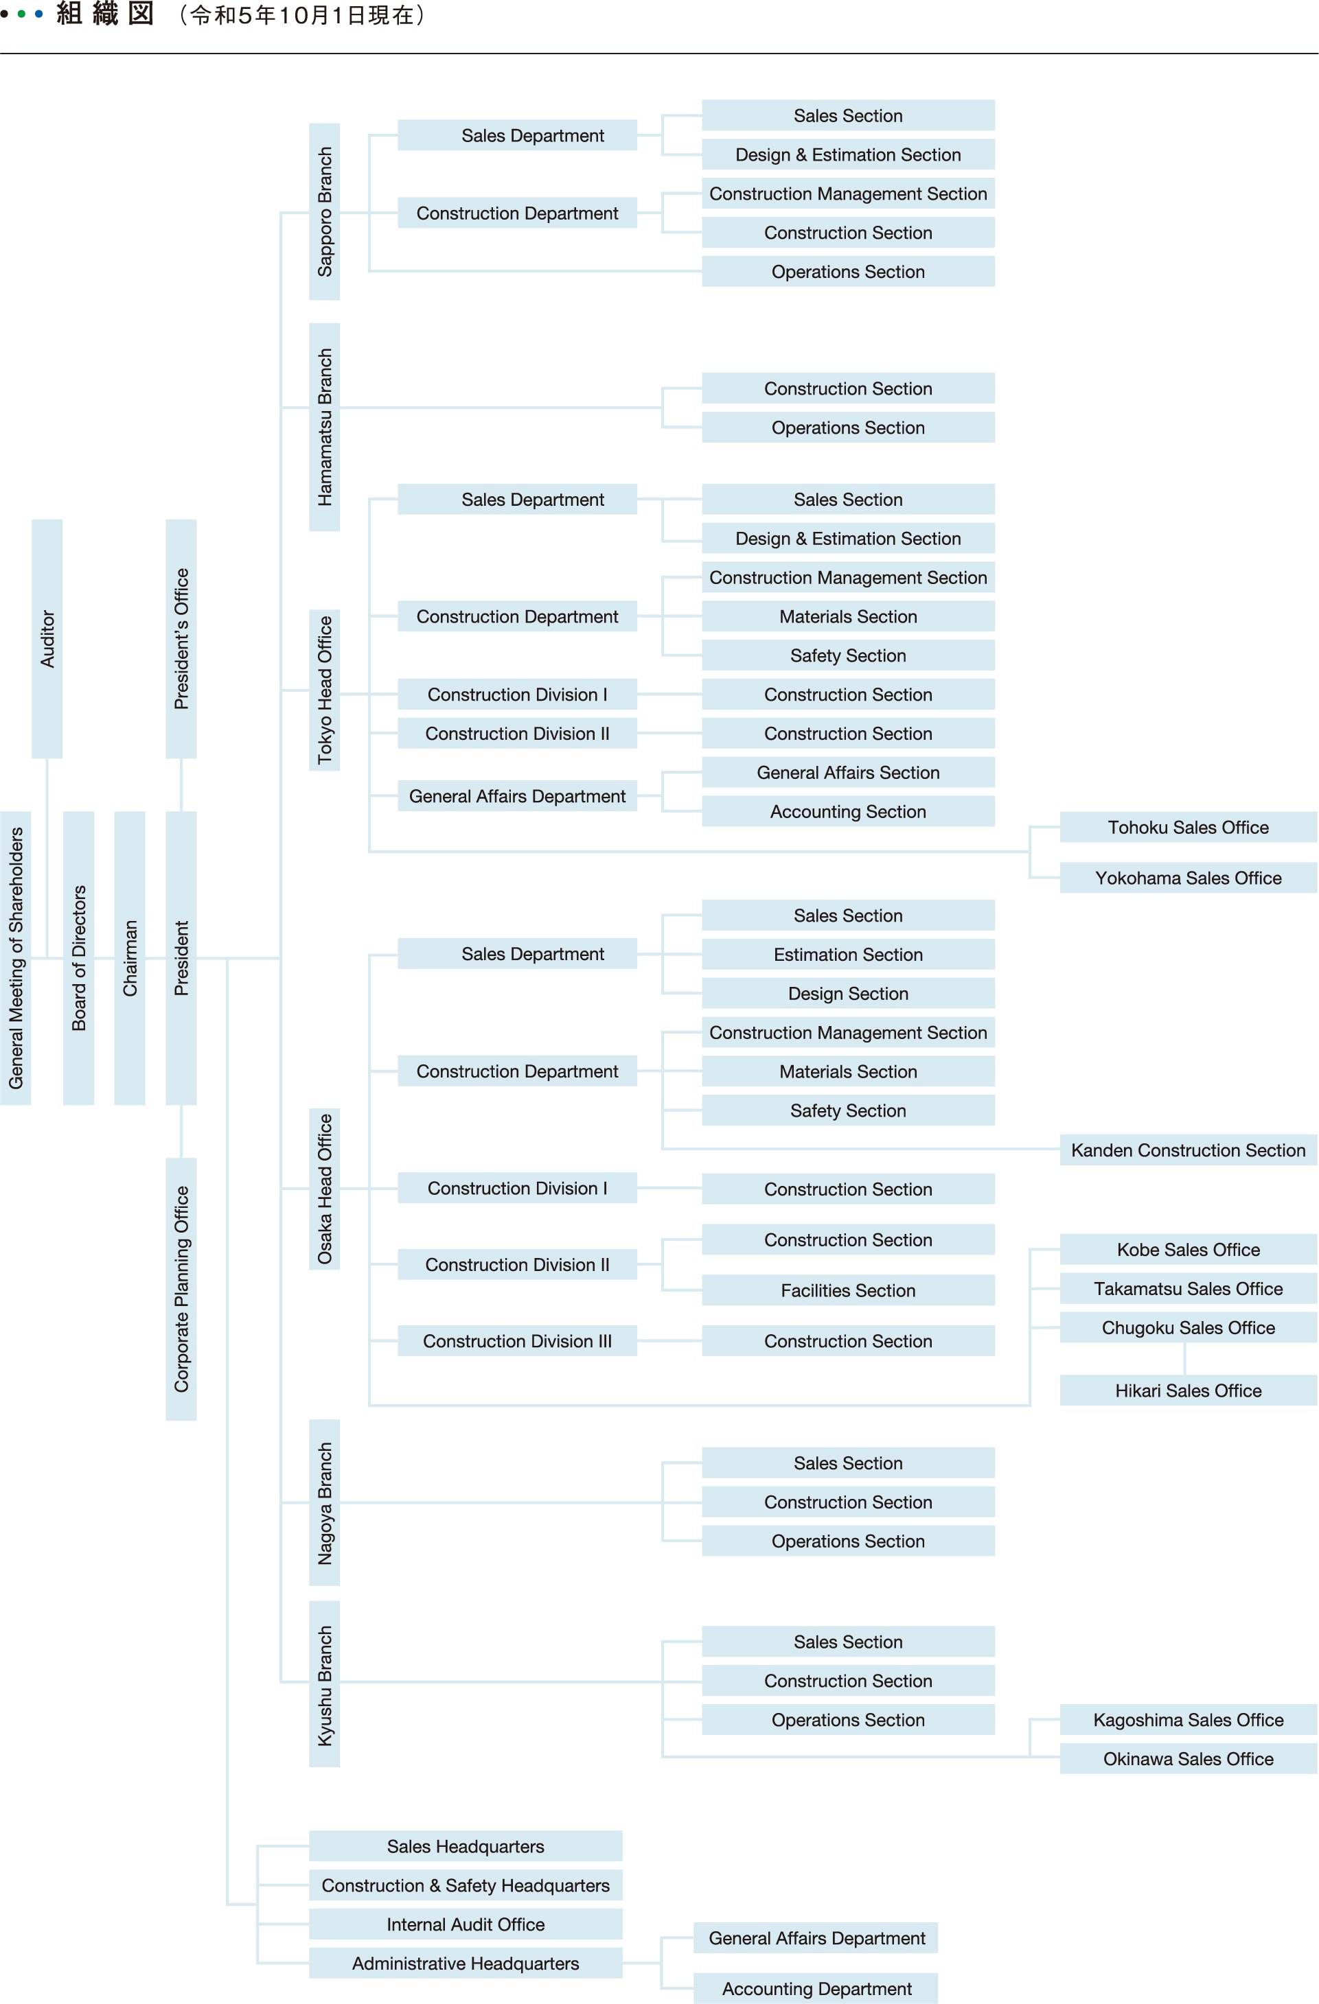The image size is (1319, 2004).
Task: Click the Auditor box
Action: [x=47, y=638]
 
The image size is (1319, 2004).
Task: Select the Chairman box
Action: [x=130, y=957]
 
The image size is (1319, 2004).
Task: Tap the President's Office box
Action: [x=181, y=638]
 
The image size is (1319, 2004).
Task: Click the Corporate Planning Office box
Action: [x=181, y=1288]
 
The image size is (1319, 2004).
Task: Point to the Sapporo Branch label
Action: [x=324, y=211]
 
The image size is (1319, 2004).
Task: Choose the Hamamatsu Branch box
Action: [x=324, y=427]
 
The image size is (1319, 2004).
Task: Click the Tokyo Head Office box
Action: [x=324, y=690]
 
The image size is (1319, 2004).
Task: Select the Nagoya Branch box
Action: [x=324, y=1502]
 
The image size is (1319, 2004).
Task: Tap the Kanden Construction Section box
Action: [x=1188, y=1150]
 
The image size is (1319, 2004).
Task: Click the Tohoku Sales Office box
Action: [x=1188, y=827]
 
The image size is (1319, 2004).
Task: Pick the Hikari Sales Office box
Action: [x=1188, y=1390]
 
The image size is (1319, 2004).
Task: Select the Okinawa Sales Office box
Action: [x=1188, y=1758]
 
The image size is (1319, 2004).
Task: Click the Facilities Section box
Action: [x=847, y=1290]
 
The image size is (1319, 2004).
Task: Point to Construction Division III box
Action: [x=517, y=1340]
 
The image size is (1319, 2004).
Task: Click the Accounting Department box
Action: [x=816, y=1988]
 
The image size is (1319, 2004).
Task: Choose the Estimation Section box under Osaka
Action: [x=847, y=954]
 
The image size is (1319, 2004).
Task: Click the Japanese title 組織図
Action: [x=105, y=14]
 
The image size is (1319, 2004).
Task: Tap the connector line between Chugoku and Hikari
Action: [x=1184, y=1358]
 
